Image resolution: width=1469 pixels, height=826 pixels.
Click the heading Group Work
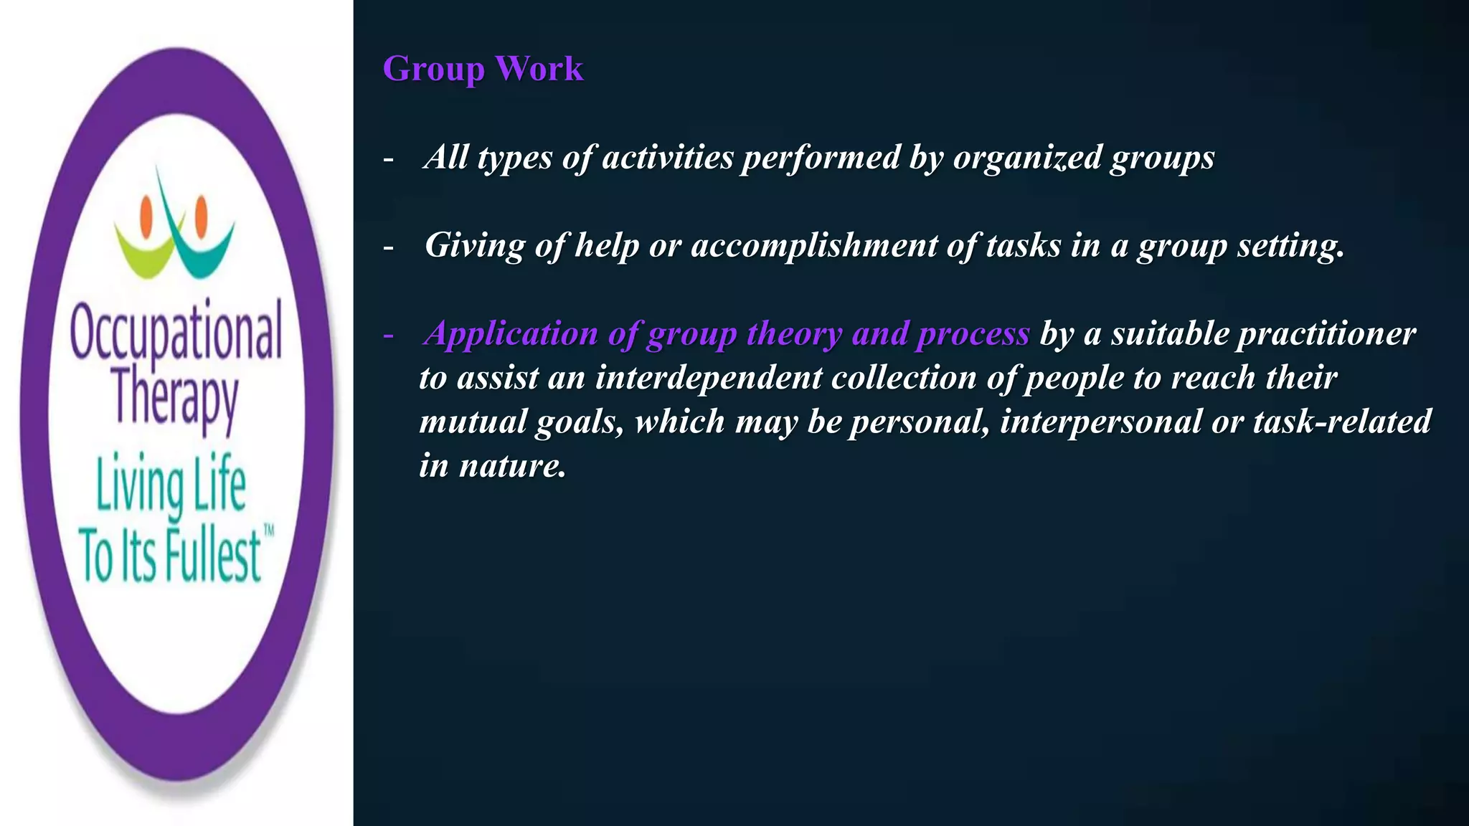tap(483, 70)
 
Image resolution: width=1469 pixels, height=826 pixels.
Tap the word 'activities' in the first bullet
tap(668, 158)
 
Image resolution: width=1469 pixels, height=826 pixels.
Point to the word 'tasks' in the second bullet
tap(1023, 246)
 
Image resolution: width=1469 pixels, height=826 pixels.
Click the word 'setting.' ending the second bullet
tap(1290, 246)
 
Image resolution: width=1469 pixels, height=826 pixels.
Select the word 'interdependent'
tap(709, 378)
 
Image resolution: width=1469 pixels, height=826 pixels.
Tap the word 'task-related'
tap(1342, 422)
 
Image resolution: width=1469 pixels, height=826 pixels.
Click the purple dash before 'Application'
tap(389, 335)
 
